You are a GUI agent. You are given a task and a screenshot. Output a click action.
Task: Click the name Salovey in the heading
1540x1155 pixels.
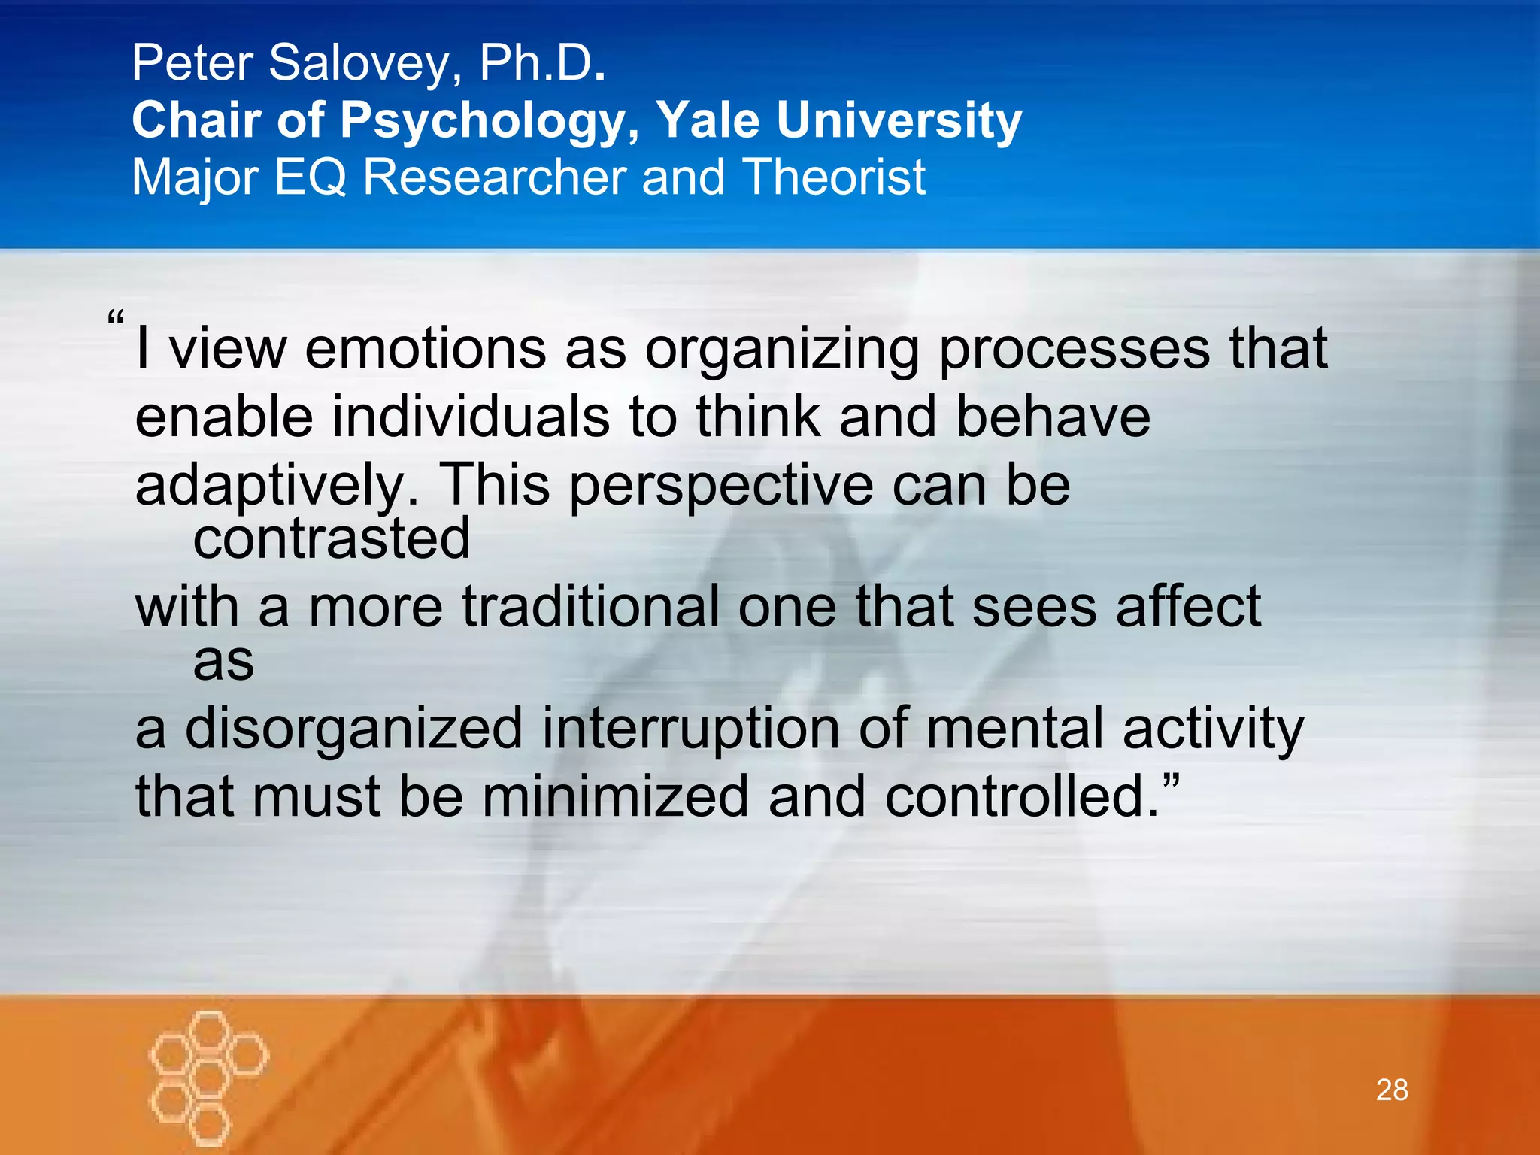click(360, 63)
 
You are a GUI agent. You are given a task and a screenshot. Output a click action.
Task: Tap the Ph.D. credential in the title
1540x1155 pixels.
click(541, 63)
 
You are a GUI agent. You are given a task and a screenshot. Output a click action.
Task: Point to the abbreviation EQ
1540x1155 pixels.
click(310, 177)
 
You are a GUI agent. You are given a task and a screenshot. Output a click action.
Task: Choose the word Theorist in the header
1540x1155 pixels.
click(834, 177)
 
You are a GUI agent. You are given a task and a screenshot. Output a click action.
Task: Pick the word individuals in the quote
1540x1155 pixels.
click(471, 418)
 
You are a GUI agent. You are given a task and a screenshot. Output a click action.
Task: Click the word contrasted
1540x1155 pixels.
click(332, 538)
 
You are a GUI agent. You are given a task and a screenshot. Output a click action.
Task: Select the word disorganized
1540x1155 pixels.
click(353, 729)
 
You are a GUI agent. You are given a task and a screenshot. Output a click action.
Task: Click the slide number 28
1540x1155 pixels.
click(1392, 1090)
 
